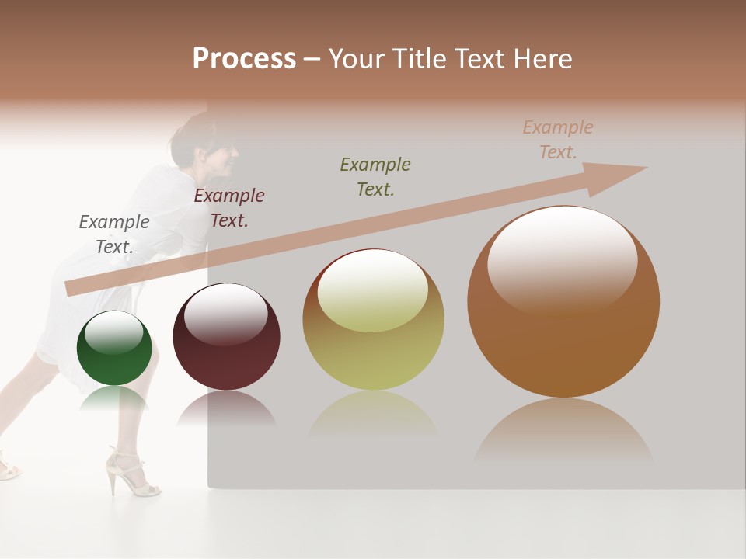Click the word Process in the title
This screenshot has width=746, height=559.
tap(244, 58)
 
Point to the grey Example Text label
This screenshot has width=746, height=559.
tap(114, 234)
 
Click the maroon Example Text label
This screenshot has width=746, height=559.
tap(229, 207)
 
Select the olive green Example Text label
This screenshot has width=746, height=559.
tap(375, 176)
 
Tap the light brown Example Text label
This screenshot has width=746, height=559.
tap(558, 139)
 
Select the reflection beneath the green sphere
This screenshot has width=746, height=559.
tap(114, 398)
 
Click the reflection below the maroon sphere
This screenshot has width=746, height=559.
tap(226, 408)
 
